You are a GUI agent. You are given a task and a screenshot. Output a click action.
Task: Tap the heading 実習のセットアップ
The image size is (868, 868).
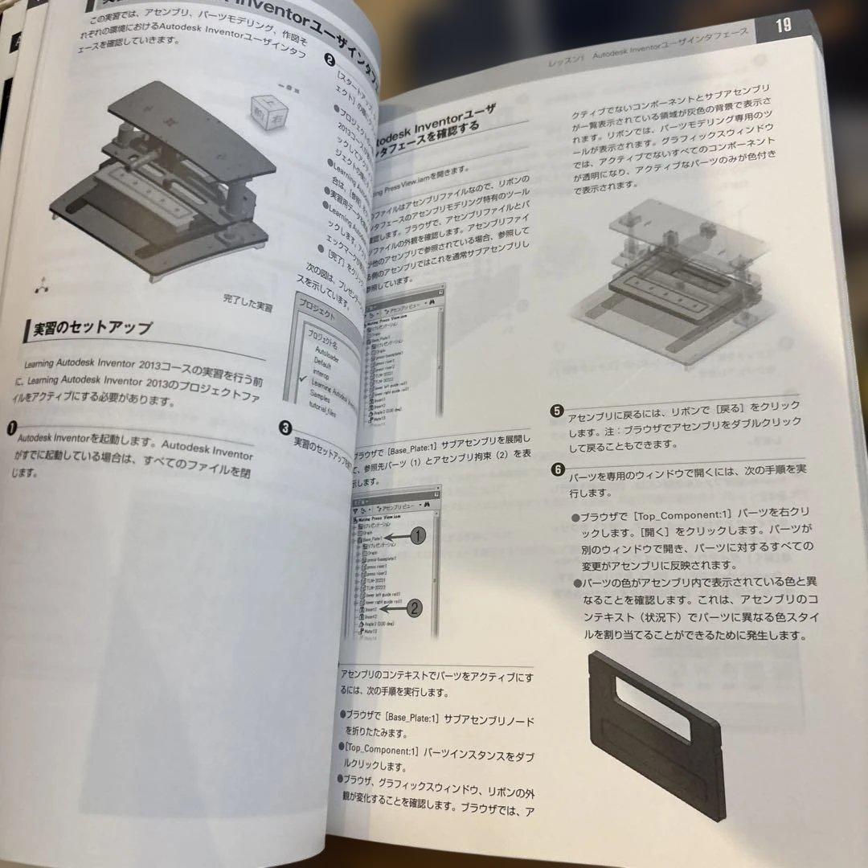88,330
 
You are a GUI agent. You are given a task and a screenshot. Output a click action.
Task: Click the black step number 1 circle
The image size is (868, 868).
10,431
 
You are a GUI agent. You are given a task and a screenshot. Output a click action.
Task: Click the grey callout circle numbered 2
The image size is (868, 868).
412,608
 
